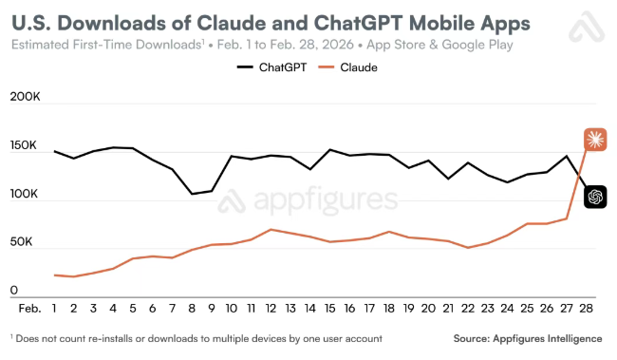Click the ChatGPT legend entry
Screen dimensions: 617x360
(x=271, y=67)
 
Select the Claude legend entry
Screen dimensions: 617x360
(x=347, y=67)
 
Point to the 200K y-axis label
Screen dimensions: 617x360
(x=26, y=97)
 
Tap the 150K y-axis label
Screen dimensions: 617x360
(x=23, y=145)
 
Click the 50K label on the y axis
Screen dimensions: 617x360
(x=21, y=242)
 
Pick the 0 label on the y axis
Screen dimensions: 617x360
(x=14, y=291)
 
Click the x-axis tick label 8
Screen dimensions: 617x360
(x=192, y=309)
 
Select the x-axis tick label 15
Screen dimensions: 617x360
(x=329, y=309)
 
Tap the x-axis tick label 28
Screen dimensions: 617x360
(x=586, y=309)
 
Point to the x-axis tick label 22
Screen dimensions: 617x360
(x=468, y=309)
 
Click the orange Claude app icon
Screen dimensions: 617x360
(x=595, y=140)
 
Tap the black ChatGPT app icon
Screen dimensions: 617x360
(x=595, y=197)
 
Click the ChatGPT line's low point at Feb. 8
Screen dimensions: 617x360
(x=192, y=194)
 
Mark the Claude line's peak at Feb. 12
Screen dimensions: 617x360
(x=271, y=229)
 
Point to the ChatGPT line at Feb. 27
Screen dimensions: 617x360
(x=567, y=156)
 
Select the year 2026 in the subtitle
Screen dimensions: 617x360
(x=338, y=45)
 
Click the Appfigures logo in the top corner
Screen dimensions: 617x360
(x=587, y=27)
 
